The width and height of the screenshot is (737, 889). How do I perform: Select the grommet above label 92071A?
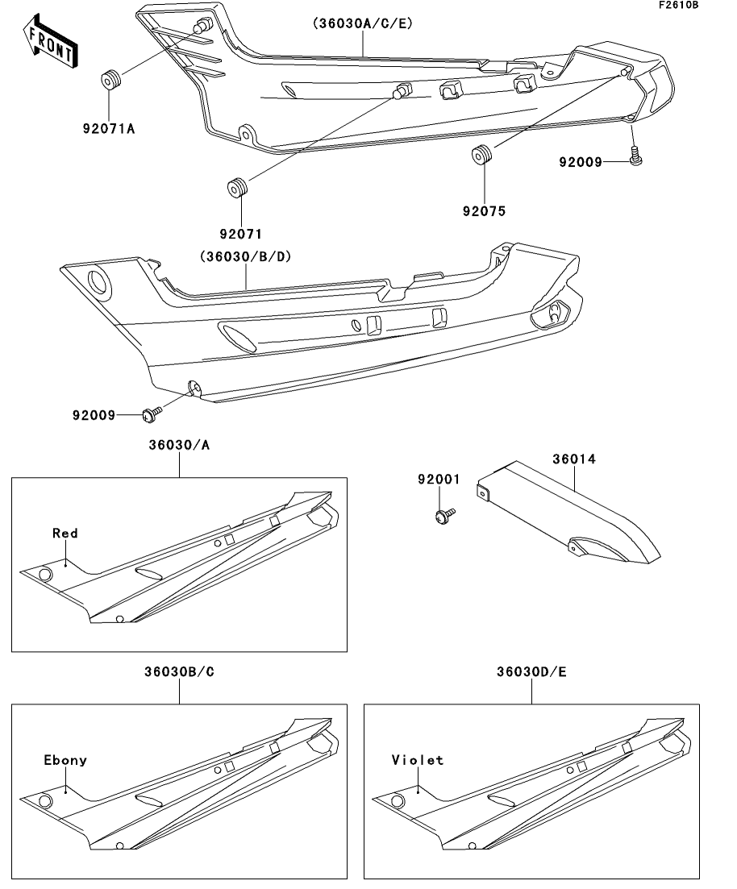coord(110,81)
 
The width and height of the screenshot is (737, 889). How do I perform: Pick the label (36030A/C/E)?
coord(362,24)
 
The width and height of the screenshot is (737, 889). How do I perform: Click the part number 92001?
coord(439,479)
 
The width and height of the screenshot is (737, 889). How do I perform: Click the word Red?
coord(65,533)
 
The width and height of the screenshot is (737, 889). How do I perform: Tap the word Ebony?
coord(65,760)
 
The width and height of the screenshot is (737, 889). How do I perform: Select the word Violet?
coord(418,760)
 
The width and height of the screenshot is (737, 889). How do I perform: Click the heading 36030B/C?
coord(179,671)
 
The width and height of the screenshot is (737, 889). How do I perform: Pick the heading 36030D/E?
coord(532,671)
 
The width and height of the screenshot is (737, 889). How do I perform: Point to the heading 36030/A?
coord(179,445)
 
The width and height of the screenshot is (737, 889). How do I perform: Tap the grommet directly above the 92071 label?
coord(236,187)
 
